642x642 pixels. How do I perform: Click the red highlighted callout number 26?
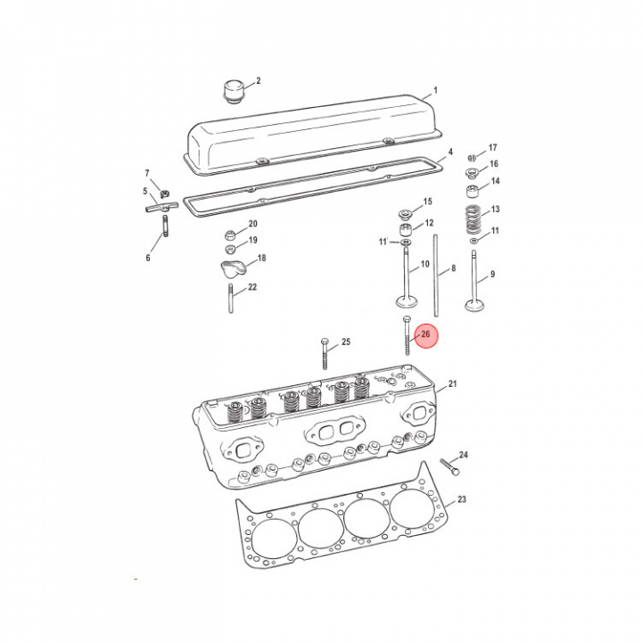(426, 334)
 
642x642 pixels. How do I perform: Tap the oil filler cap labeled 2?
(234, 92)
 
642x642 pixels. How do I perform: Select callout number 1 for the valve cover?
(436, 90)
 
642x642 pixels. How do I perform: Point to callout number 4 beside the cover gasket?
(450, 152)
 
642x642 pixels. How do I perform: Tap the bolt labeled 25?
(325, 354)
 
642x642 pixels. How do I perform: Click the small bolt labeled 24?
(450, 467)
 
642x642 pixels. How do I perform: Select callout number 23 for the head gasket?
(462, 499)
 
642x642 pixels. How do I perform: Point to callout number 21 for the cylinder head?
(452, 383)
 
